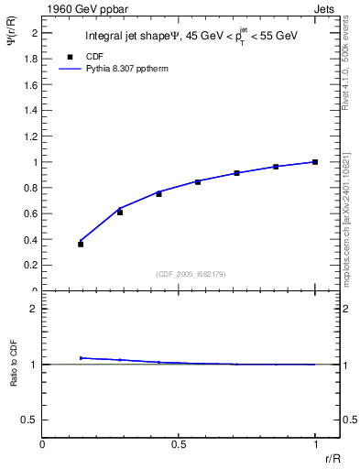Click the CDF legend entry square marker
(70, 56)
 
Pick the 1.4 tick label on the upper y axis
(30, 110)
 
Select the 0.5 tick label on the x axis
(180, 444)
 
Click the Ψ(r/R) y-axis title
(12, 45)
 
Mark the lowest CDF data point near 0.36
(81, 245)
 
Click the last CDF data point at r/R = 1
(315, 162)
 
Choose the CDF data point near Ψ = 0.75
(158, 194)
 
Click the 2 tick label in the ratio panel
(34, 309)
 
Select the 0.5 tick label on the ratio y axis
(30, 420)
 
